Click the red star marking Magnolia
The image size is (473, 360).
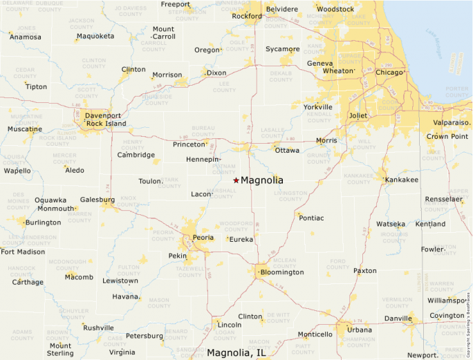pos(236,180)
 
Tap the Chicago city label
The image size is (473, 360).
pos(389,72)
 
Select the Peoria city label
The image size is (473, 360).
pos(203,238)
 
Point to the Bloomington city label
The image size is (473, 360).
pos(281,272)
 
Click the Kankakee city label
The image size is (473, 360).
pos(402,180)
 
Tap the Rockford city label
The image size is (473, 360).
pos(247,16)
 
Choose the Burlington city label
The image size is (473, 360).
pos(43,222)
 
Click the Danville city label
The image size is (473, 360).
pos(398,319)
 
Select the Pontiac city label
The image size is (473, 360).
pos(311,218)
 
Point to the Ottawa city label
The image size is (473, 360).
pos(287,150)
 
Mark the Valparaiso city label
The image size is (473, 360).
pos(452,122)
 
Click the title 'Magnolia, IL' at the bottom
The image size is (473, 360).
pos(236,353)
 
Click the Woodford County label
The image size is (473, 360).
pos(236,227)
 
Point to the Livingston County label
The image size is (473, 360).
pos(290,197)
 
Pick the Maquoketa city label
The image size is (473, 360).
pos(95,36)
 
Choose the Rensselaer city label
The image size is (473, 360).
pos(443,199)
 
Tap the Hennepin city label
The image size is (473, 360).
pos(203,160)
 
